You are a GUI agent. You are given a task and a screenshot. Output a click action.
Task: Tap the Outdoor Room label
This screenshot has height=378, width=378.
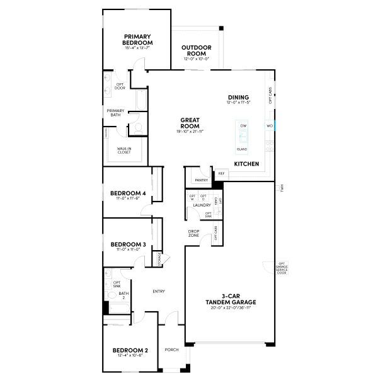click(x=196, y=51)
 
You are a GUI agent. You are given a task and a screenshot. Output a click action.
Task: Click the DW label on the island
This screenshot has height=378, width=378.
click(x=243, y=126)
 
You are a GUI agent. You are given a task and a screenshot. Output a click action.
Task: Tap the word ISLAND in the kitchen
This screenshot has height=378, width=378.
click(x=242, y=149)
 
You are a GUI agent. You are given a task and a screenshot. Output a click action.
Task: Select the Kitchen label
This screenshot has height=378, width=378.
click(x=246, y=164)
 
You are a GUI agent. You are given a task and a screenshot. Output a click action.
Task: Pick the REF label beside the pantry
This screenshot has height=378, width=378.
click(x=222, y=173)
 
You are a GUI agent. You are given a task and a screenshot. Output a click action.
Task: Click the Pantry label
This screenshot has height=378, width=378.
click(x=201, y=180)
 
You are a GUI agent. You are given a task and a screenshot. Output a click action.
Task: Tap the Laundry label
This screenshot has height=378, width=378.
click(x=202, y=205)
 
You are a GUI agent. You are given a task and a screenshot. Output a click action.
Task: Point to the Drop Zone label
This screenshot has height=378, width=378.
click(x=194, y=233)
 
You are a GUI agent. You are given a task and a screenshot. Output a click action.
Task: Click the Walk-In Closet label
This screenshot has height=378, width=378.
click(x=124, y=151)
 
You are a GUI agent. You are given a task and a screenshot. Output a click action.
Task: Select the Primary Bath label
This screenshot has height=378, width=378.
click(x=115, y=113)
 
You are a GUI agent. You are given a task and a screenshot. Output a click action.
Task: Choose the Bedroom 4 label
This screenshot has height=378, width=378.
click(x=128, y=193)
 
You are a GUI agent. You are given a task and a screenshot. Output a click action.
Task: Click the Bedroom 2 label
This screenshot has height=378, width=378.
click(x=130, y=350)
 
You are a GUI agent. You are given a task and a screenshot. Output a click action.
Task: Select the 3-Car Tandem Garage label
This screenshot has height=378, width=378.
click(x=231, y=300)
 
